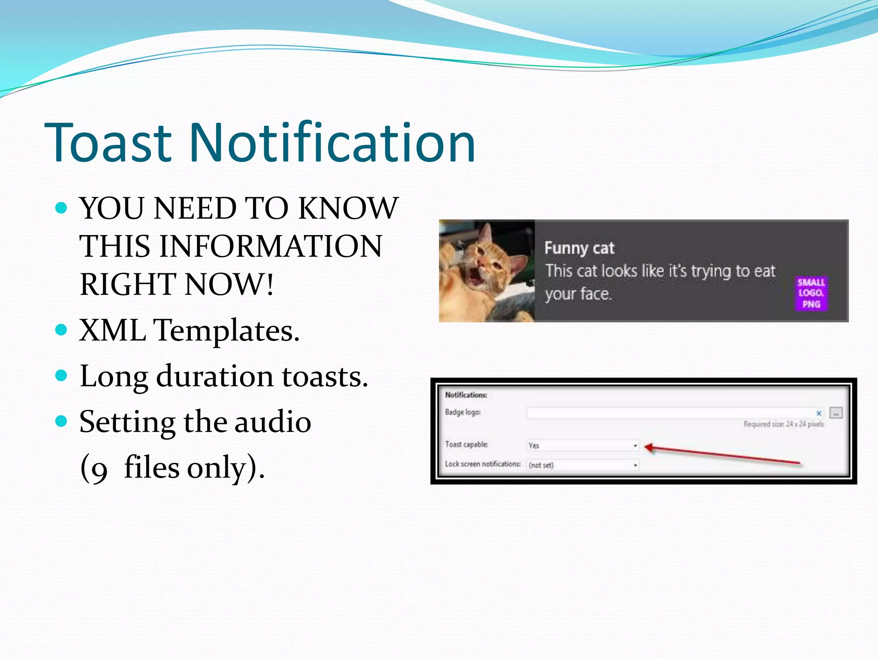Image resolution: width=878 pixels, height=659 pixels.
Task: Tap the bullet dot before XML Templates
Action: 62,330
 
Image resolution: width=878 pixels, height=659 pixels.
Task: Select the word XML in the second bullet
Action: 112,331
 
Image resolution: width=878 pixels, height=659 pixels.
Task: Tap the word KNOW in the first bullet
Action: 348,209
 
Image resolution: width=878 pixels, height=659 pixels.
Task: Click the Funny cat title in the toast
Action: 579,248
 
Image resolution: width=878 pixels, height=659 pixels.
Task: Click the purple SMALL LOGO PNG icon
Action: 811,293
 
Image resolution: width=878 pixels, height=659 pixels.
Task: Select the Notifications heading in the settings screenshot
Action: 466,395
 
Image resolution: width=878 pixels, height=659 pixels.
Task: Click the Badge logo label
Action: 463,412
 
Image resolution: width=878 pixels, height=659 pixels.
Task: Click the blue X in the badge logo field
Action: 818,413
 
